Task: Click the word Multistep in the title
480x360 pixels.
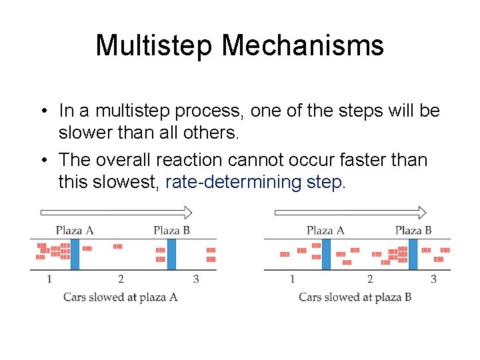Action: pos(155,46)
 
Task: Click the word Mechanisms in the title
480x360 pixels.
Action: pos(303,46)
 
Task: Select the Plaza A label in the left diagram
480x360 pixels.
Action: pos(74,231)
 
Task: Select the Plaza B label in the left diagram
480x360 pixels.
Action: pos(171,231)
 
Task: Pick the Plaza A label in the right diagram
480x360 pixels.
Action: pos(325,231)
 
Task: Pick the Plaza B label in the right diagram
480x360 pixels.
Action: pos(413,231)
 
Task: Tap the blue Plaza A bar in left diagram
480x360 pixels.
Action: pos(75,254)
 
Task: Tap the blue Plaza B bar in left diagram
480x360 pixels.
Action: pos(171,254)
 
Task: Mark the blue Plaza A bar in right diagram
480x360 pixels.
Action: pos(326,254)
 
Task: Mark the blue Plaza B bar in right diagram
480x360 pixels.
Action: pos(413,254)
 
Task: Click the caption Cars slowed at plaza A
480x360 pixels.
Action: pos(120,297)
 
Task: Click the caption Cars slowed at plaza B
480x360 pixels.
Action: pos(355,297)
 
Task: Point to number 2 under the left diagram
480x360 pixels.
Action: pos(121,279)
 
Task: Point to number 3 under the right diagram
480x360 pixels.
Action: pos(433,279)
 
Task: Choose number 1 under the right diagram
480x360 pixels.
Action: pos(292,279)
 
